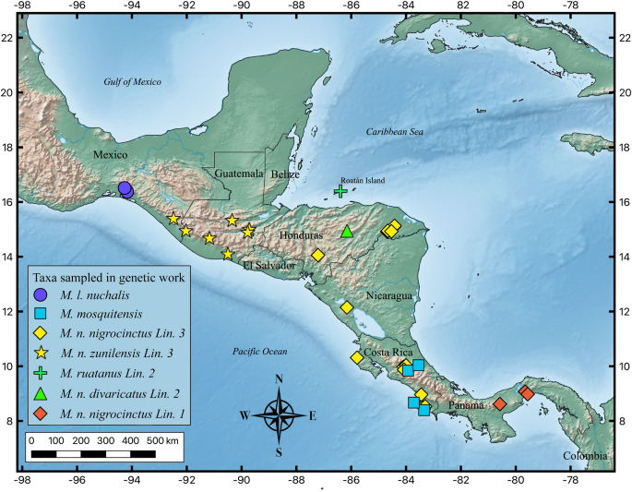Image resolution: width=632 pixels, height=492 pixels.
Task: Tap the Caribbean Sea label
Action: coord(394,133)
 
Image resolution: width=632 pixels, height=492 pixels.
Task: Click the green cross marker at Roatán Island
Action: coord(340,191)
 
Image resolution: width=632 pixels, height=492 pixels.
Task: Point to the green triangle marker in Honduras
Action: coord(347,232)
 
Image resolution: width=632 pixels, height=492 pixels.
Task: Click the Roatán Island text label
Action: coord(363,181)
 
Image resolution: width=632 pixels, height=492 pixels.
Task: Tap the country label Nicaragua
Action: coord(390,296)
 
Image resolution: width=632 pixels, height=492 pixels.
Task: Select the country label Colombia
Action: coord(585,456)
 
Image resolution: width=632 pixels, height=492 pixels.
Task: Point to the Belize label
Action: coord(286,174)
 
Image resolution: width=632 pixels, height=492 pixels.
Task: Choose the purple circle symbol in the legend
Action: coord(41,295)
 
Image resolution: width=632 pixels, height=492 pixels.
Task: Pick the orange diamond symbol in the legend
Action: coord(41,413)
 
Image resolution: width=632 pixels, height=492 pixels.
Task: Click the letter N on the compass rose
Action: coord(279,379)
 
